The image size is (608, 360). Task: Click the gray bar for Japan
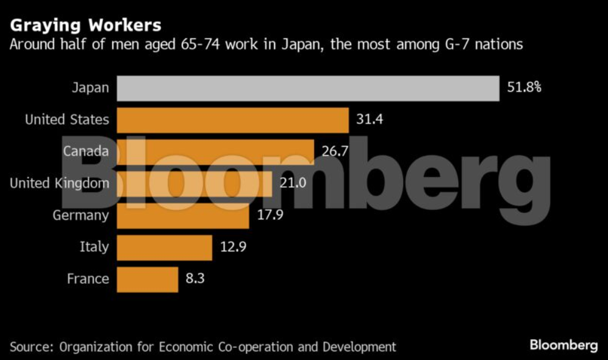point(308,88)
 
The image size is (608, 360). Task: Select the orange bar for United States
point(232,120)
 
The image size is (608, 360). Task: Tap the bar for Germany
point(182,215)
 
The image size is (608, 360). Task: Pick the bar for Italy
point(164,247)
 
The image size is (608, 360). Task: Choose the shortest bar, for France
point(147,279)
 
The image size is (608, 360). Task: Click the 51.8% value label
point(524,87)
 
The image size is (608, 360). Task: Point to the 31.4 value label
point(370,119)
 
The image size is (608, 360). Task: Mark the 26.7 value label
point(335,151)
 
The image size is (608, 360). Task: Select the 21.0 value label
point(292,182)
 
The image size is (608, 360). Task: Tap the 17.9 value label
point(270,215)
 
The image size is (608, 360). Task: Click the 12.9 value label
point(233,247)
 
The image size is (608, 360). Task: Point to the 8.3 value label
point(196,279)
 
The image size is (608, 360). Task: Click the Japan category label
point(90,87)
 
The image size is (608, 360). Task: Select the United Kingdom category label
point(60,182)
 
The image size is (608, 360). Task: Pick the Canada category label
point(86,151)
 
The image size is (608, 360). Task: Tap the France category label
point(88,279)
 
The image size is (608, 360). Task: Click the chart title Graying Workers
point(86,25)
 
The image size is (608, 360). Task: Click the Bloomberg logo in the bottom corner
point(563,345)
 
